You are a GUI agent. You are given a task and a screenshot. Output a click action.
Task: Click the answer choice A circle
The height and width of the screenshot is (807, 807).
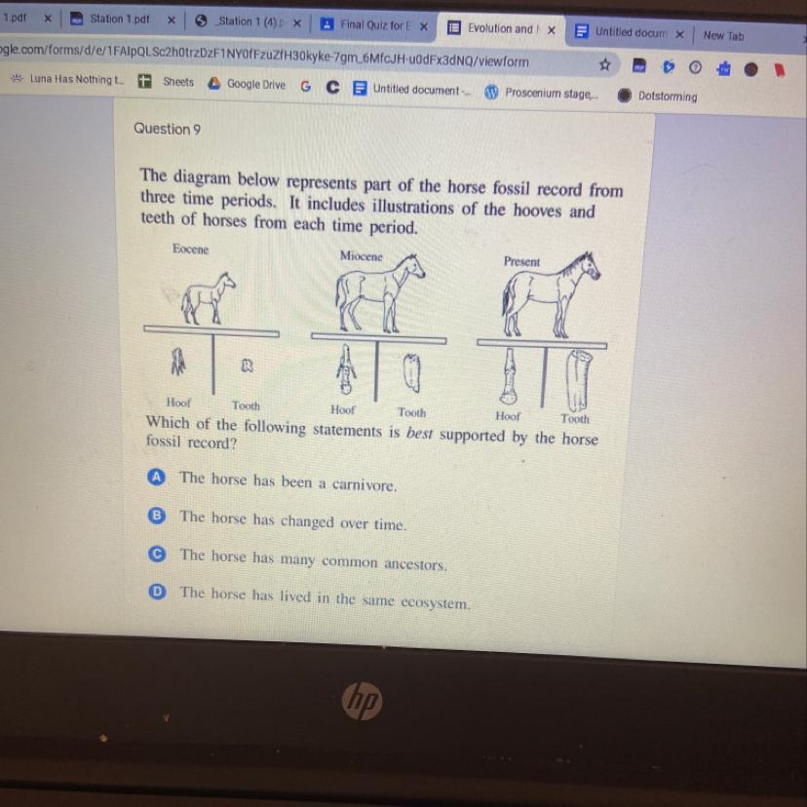pos(157,478)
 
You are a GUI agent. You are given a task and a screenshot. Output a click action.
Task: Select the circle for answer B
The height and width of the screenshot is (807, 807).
pos(157,516)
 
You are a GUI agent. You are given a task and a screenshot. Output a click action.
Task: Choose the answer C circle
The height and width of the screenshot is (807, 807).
pos(157,554)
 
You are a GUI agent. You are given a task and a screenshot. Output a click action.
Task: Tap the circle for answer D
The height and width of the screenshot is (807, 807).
pos(157,593)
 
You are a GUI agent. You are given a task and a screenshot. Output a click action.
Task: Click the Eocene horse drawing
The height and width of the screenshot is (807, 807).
pos(208,298)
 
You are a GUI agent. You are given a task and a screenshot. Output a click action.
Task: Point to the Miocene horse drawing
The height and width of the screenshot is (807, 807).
pos(379,292)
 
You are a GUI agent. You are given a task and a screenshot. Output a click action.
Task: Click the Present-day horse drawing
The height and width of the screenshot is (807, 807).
pos(550,295)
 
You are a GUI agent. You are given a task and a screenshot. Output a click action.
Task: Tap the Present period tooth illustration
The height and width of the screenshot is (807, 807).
pos(579,380)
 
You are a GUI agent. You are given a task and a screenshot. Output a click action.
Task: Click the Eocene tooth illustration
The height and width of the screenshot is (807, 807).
pos(247,365)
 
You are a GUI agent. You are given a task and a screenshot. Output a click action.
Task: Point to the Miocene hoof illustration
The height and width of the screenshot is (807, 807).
pos(346,369)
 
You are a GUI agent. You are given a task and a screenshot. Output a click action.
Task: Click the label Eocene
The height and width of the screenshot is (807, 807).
pos(190,250)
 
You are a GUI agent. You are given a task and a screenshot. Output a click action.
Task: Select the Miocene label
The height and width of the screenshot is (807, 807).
pos(362,255)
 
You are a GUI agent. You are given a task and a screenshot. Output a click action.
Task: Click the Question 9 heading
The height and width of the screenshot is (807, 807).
pos(168,129)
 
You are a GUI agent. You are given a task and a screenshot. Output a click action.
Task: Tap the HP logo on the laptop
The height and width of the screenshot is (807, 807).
pos(363,701)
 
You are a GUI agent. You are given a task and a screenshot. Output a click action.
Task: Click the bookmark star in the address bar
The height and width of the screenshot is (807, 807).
pos(605,65)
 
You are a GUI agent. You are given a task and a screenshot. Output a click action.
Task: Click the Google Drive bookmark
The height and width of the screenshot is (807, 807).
pos(247,84)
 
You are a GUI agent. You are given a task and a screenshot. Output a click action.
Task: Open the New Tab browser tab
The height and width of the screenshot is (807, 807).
pos(723,35)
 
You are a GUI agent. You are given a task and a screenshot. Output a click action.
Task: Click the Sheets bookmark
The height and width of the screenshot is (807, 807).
pos(167,81)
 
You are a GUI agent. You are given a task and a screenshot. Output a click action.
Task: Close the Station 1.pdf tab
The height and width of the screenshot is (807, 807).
pos(172,20)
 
